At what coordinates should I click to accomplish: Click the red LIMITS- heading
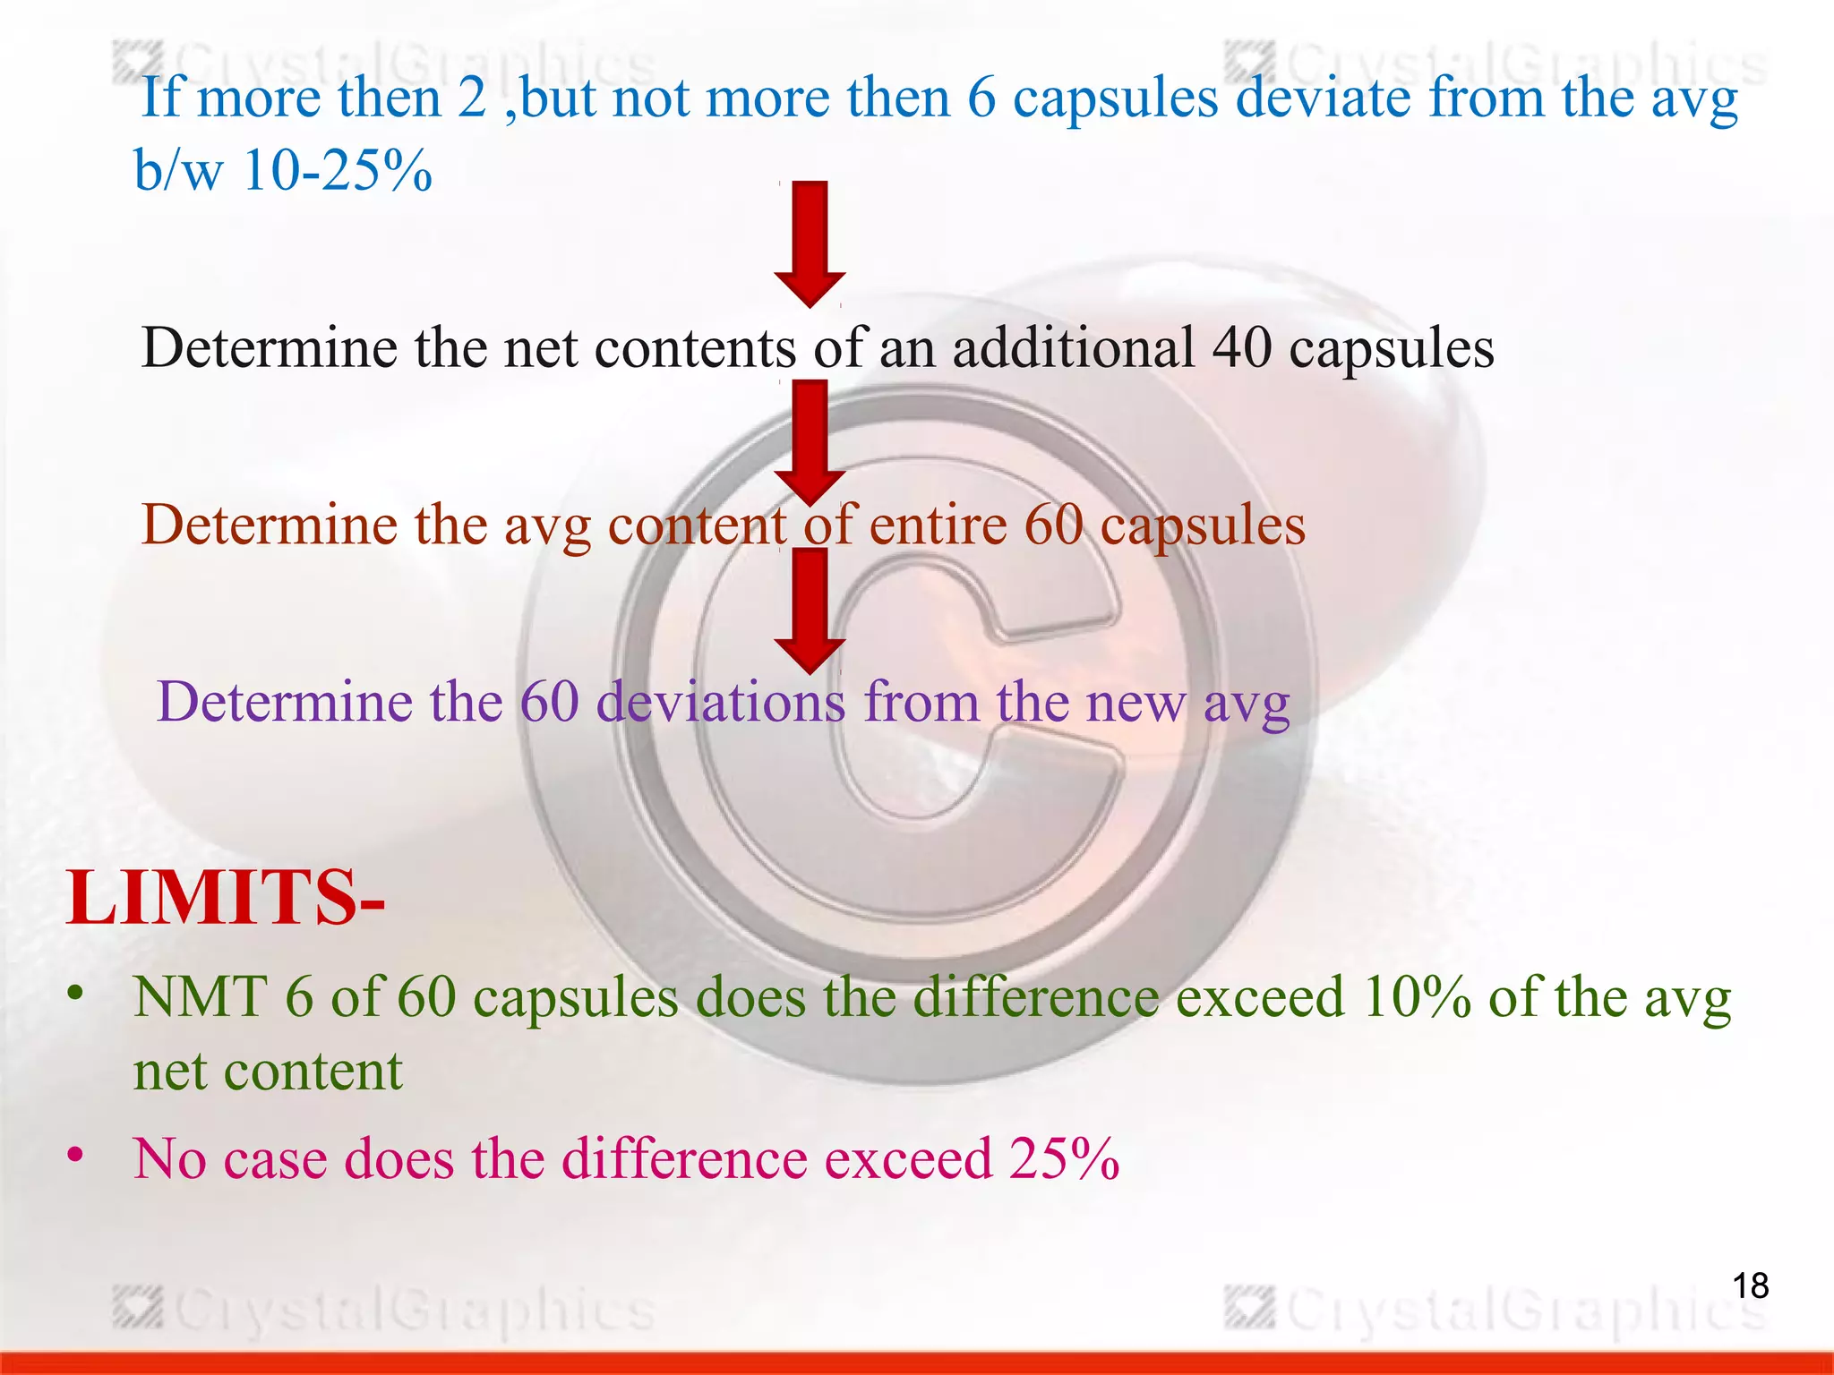[226, 898]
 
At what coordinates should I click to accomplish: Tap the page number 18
[1750, 1286]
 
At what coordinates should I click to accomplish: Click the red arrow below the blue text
[810, 243]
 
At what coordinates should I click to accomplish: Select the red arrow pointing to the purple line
[810, 611]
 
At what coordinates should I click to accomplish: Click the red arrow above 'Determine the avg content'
[810, 441]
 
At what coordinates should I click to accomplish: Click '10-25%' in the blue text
[338, 170]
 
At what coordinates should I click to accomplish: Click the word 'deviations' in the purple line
[721, 701]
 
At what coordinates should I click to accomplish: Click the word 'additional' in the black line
[1073, 347]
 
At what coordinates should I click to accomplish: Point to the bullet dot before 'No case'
[76, 1155]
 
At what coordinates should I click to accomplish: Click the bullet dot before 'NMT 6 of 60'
[76, 993]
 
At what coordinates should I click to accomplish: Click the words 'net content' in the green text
[268, 1071]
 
